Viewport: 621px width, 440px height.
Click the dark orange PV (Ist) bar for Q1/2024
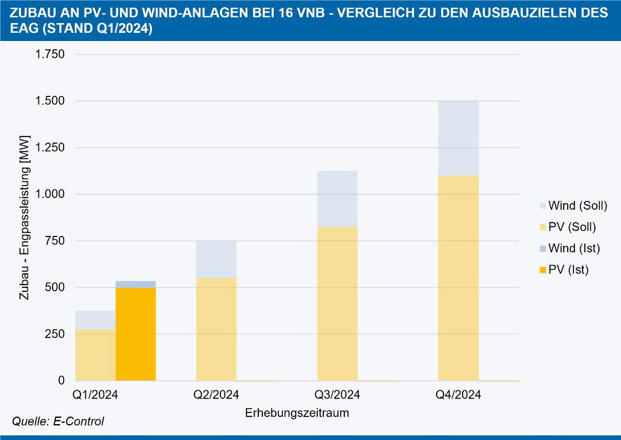[136, 334]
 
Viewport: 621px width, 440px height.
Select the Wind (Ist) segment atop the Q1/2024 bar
[136, 284]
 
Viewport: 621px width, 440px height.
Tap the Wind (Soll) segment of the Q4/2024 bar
[458, 138]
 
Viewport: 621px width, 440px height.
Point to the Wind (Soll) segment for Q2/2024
[216, 259]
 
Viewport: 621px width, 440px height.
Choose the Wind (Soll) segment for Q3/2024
[337, 199]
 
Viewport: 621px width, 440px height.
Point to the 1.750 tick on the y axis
[50, 54]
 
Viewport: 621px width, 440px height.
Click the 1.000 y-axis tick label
[50, 194]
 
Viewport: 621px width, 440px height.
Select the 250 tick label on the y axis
[54, 334]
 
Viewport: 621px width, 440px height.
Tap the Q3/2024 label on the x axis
[337, 395]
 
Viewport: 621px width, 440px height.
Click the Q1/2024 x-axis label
[95, 395]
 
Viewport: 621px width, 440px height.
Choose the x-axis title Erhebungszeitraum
[297, 413]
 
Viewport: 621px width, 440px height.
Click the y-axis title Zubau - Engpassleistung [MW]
[24, 217]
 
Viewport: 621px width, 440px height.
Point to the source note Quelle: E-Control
[58, 422]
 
